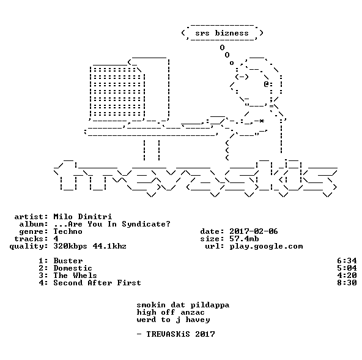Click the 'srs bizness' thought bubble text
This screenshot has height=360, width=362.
tap(222, 33)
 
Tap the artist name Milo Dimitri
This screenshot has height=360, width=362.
tap(83, 217)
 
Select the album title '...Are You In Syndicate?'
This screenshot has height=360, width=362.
tap(112, 224)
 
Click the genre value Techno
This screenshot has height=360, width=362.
tap(68, 231)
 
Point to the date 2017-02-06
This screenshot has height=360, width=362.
tap(254, 231)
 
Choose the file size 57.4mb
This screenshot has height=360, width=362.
tap(244, 239)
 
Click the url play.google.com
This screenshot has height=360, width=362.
tap(266, 247)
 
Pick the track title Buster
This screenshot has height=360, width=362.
tap(68, 261)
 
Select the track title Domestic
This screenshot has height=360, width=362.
tap(73, 268)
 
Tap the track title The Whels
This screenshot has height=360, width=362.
tap(75, 276)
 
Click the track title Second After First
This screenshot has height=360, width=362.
tap(97, 283)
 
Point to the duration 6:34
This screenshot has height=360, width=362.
tap(347, 261)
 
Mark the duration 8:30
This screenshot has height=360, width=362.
tap(347, 283)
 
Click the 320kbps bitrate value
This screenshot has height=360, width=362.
tap(70, 247)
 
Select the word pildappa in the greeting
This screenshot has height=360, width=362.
tap(210, 305)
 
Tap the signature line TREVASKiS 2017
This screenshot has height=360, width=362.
tap(180, 334)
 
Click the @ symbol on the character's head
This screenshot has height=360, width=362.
tap(266, 84)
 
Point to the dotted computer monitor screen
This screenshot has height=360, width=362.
tap(117, 91)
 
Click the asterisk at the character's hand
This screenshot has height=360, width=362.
tap(261, 121)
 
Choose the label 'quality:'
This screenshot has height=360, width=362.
tap(29, 247)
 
